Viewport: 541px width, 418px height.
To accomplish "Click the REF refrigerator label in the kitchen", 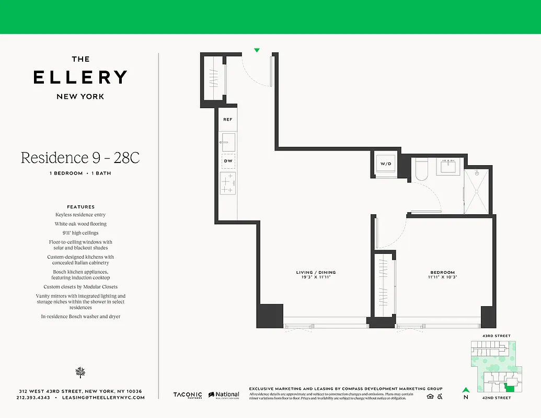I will click(x=227, y=120).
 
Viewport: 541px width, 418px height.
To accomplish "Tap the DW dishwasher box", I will click(x=228, y=161).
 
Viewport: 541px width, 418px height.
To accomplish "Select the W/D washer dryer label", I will click(x=386, y=164).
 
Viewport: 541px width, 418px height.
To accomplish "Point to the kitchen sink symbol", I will click(x=228, y=142).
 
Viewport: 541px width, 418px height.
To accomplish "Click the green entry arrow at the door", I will click(x=257, y=51).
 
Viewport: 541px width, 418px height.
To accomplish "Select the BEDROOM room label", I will click(x=442, y=272).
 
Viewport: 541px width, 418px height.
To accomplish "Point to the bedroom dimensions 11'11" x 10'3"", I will click(x=442, y=277).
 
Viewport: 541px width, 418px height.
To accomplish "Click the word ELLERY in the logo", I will click(x=80, y=77).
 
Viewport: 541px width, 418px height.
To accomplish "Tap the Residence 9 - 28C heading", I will click(x=80, y=158).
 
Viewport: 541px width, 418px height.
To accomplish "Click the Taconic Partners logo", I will click(x=188, y=396).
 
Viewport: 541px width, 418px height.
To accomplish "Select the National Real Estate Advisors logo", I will click(x=224, y=396).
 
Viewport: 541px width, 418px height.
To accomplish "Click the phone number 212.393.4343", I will click(x=33, y=398).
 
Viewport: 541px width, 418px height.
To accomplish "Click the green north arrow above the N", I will click(x=465, y=389).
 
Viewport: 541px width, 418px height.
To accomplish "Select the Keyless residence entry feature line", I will click(x=80, y=215).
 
